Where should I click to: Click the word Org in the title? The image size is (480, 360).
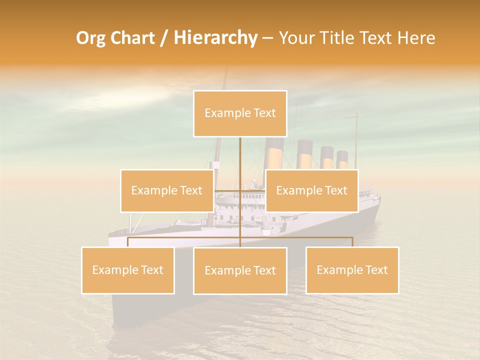point(91,38)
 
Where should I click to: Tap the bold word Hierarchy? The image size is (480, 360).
point(215,38)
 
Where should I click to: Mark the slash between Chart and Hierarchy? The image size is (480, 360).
point(164,38)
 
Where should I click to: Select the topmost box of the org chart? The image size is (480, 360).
point(240,113)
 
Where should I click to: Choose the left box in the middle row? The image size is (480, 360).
point(166,190)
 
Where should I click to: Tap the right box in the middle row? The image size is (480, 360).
point(311,190)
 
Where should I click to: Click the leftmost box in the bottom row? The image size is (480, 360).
point(127,270)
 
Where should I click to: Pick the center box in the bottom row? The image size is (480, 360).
point(240,270)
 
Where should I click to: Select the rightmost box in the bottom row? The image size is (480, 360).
point(352,270)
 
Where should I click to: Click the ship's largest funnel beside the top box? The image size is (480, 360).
point(274,153)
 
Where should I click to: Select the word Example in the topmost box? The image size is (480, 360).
point(222,113)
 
